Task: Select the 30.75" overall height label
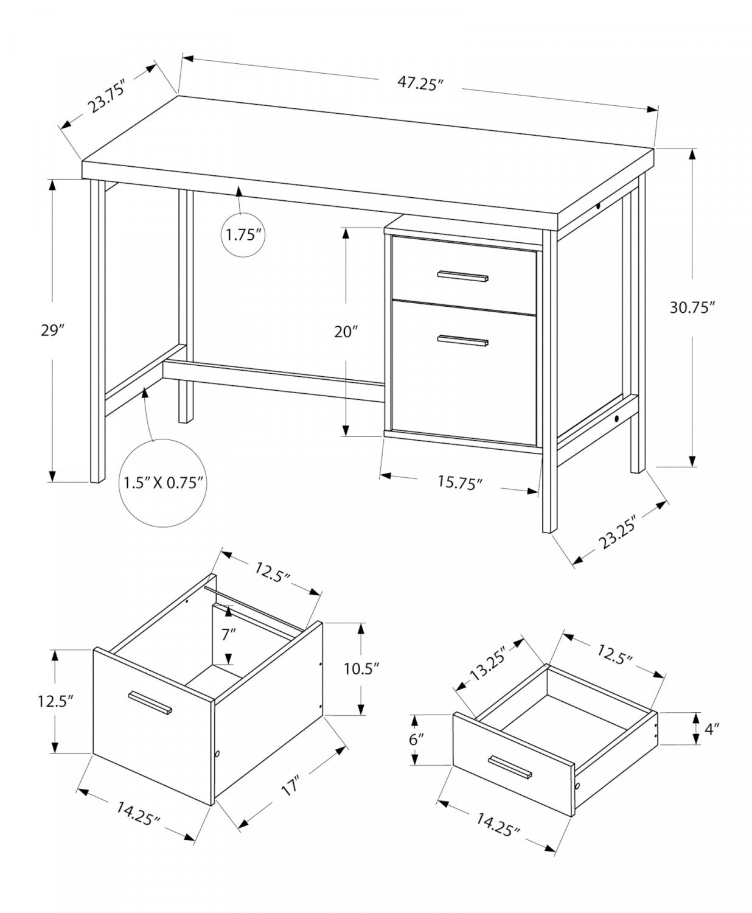691,308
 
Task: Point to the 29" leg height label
53,331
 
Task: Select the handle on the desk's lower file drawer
463,341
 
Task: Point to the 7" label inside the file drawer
228,635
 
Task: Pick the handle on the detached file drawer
150,702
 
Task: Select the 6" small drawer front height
416,740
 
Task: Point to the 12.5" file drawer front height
57,701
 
